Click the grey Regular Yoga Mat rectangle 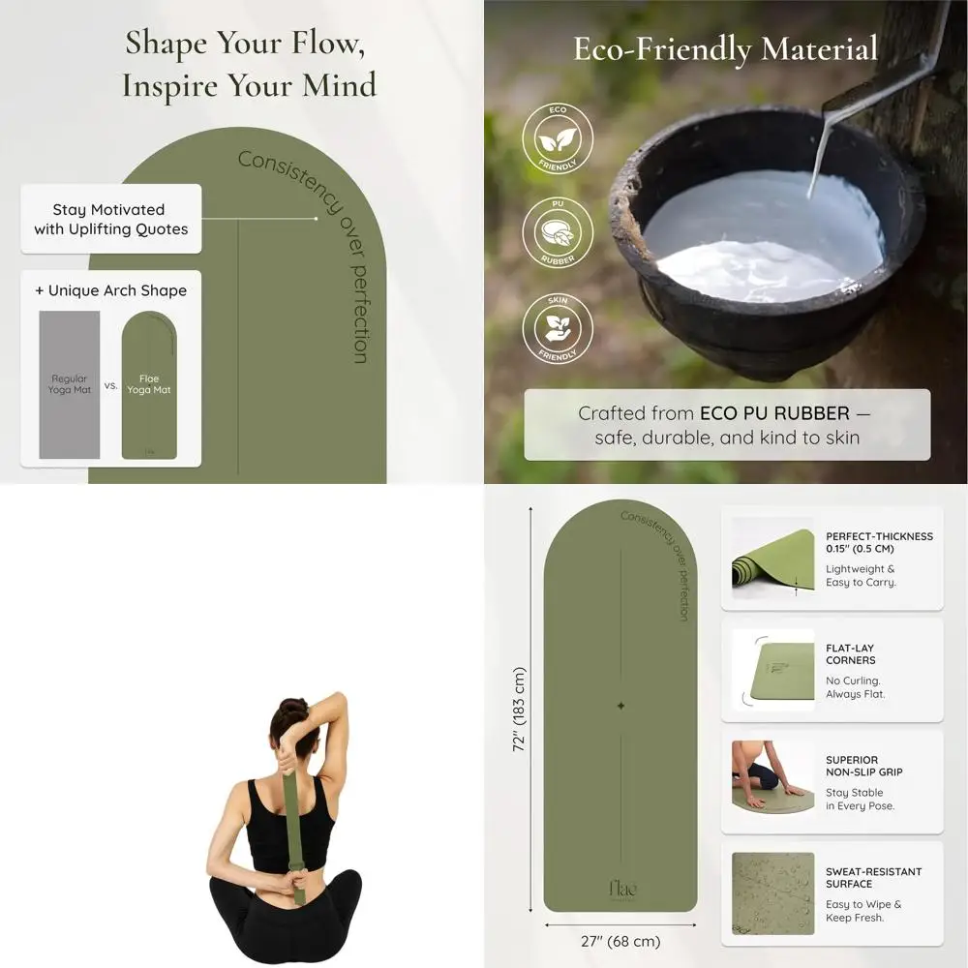69,384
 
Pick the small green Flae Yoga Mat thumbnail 148,384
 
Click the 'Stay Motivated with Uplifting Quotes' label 110,219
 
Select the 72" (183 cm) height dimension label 519,709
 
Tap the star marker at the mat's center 620,706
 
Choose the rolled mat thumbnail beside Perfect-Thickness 772,559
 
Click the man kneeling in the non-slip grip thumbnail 761,770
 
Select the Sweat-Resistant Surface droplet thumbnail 772,892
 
